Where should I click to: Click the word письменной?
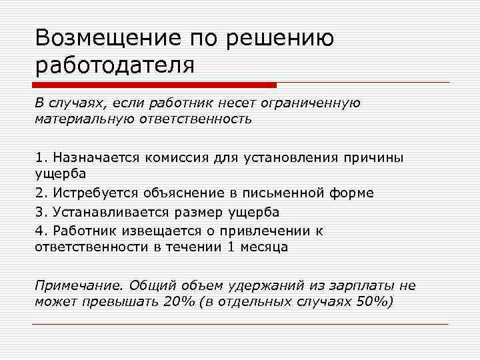point(287,193)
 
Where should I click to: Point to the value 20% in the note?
point(179,301)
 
